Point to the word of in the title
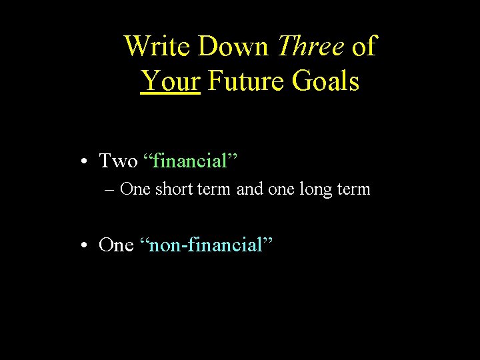point(364,47)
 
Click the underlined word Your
point(171,81)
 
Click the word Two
point(118,161)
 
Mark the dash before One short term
point(110,189)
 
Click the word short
point(172,189)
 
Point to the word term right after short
point(213,189)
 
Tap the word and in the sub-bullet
point(250,189)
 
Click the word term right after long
point(354,189)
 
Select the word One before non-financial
point(116,245)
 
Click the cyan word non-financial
point(207,245)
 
